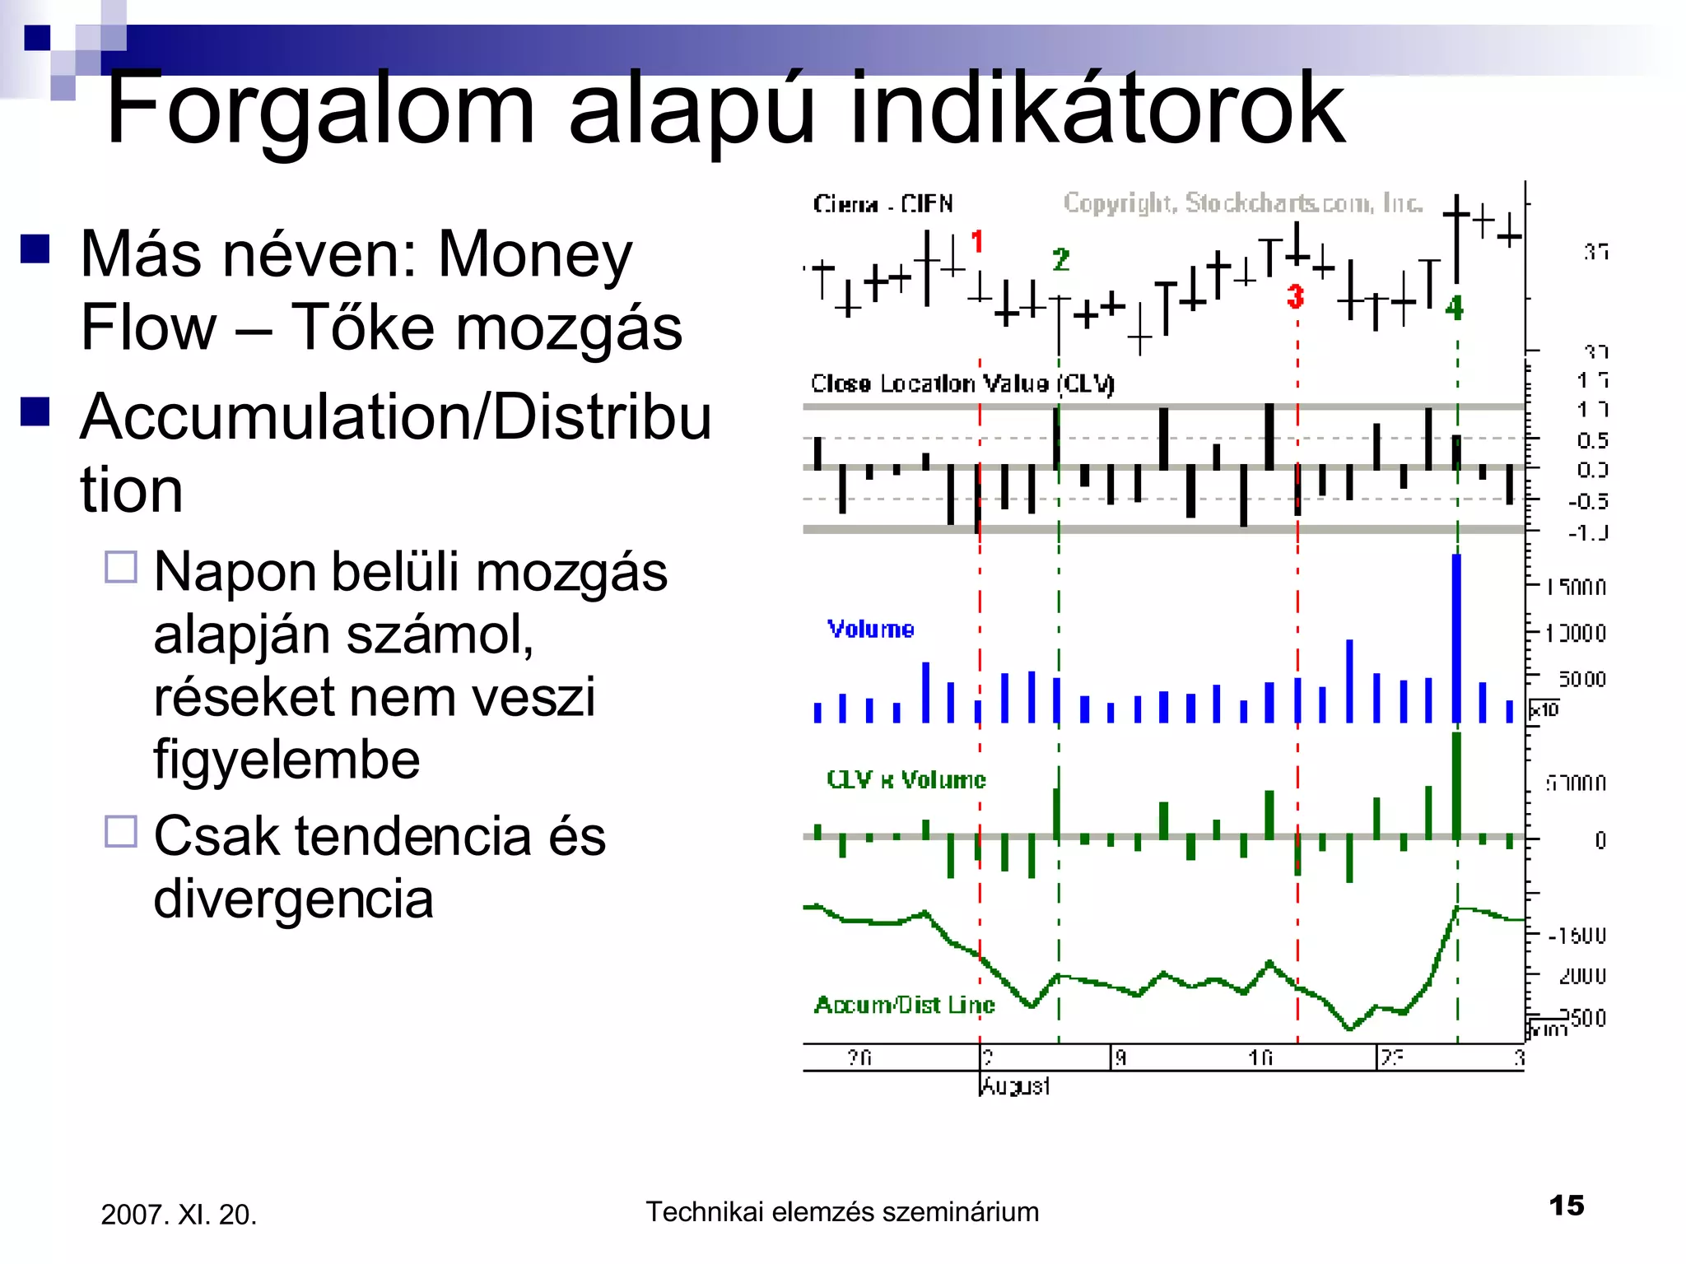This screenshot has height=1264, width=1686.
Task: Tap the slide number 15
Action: pyautogui.click(x=1566, y=1206)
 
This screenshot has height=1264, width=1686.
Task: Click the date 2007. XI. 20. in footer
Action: pyautogui.click(x=179, y=1215)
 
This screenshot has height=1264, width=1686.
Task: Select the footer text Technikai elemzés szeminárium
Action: pyautogui.click(x=841, y=1212)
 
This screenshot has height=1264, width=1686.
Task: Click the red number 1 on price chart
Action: pyautogui.click(x=977, y=242)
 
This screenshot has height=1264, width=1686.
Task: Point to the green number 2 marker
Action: pyautogui.click(x=1060, y=260)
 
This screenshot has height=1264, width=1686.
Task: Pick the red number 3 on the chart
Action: pyautogui.click(x=1295, y=296)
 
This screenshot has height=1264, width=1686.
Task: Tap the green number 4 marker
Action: pyautogui.click(x=1455, y=308)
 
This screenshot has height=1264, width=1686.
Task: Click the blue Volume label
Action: pyautogui.click(x=870, y=630)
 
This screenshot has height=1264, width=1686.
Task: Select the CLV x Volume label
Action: pyautogui.click(x=906, y=779)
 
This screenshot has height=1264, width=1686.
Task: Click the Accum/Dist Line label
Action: pyautogui.click(x=904, y=1005)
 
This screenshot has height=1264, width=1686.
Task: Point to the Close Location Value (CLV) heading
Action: pyautogui.click(x=962, y=383)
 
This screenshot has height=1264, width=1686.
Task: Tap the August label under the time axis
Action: pyautogui.click(x=1015, y=1086)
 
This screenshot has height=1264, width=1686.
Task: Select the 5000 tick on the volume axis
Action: pyautogui.click(x=1581, y=679)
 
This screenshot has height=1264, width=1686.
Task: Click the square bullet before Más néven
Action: pyautogui.click(x=35, y=249)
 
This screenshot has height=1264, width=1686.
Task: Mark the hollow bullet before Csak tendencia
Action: pyautogui.click(x=121, y=831)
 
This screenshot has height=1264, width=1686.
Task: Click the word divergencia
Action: pyautogui.click(x=293, y=899)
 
